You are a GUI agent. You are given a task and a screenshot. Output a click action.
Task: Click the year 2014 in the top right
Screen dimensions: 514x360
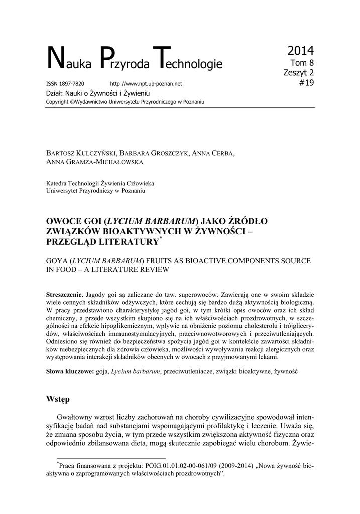(301, 50)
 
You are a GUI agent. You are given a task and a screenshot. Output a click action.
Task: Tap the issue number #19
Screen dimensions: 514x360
(306, 83)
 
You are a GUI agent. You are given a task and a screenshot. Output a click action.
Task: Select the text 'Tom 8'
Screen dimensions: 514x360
(303, 63)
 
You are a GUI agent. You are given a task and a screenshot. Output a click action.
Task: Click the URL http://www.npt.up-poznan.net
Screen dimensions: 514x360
(146, 84)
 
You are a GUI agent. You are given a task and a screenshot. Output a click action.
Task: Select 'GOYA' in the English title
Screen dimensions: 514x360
(57, 262)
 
